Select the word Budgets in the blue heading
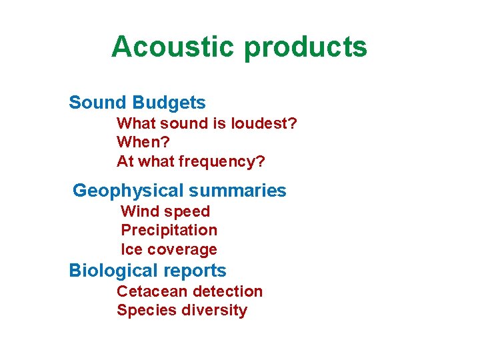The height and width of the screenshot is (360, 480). tap(169, 103)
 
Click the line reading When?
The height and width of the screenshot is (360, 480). tap(143, 142)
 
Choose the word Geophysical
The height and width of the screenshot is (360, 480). tap(127, 191)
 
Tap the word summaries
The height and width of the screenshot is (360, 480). tap(237, 191)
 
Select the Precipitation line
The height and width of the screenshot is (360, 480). tap(169, 230)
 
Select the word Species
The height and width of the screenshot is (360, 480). tap(143, 311)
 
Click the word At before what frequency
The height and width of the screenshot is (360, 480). tap(125, 161)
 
